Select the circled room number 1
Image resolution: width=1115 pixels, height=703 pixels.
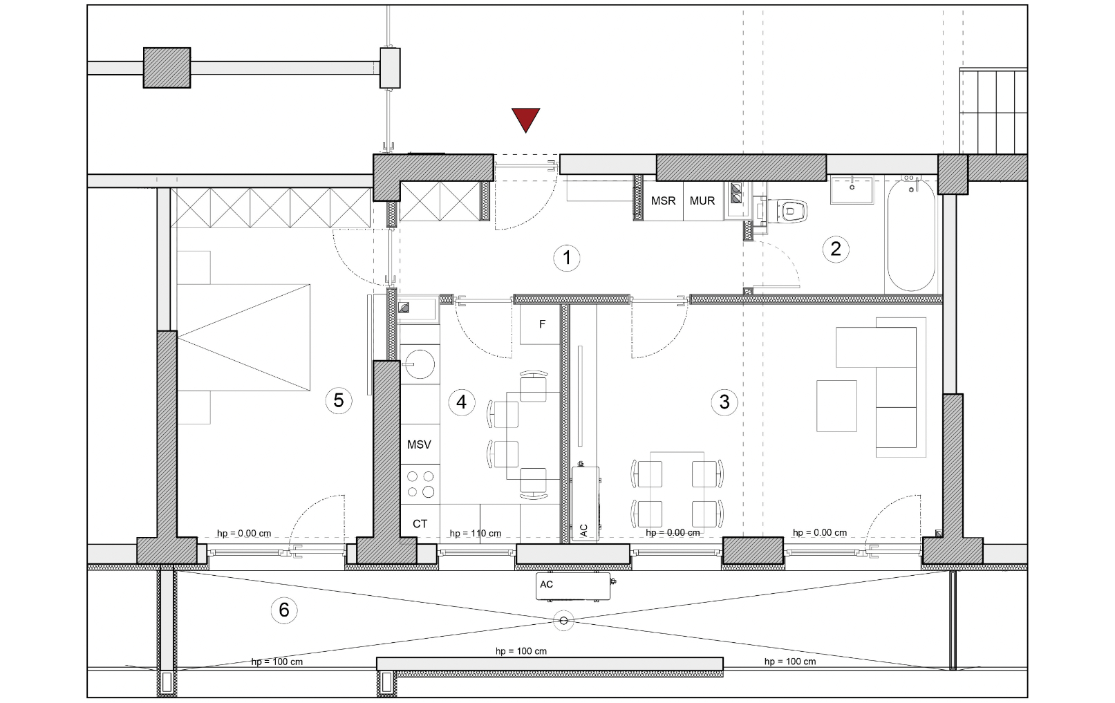pos(566,258)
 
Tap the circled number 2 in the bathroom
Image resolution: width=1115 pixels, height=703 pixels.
pos(836,249)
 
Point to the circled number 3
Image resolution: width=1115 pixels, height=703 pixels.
pos(724,402)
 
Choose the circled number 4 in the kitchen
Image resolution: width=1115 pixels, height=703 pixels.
pos(462,402)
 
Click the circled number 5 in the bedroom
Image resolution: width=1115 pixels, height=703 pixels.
pos(339,400)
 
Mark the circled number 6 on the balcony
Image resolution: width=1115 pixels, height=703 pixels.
pos(283,610)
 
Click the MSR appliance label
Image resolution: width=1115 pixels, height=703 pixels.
pos(663,200)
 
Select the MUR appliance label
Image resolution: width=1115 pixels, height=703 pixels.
pos(702,200)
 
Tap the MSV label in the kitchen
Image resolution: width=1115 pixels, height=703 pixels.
pos(419,444)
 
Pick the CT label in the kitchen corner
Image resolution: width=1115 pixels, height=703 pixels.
pos(420,524)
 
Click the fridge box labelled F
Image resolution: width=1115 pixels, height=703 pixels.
pos(541,324)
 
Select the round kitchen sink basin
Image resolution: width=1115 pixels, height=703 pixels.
pos(420,364)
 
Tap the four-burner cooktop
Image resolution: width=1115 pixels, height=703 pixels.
pos(420,485)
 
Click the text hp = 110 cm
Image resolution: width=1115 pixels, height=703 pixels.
pos(476,533)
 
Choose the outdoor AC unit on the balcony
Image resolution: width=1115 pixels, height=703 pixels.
pos(574,586)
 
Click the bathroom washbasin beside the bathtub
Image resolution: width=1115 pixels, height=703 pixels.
pos(852,189)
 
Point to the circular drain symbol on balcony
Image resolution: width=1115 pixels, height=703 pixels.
pos(563,621)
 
